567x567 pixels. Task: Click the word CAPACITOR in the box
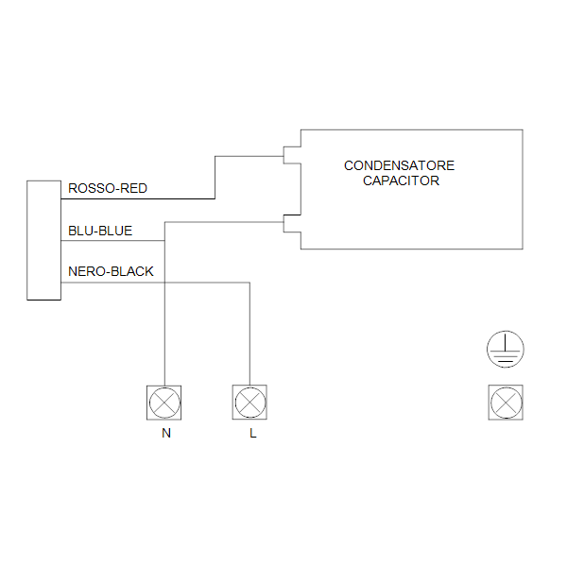tap(401, 180)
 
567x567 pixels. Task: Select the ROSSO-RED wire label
tap(108, 188)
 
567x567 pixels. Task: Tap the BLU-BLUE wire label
tap(100, 230)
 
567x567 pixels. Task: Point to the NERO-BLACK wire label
tap(111, 271)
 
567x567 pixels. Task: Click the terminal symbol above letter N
tap(165, 403)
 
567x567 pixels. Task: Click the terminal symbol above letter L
tap(249, 403)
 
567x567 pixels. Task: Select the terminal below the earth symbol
tap(505, 403)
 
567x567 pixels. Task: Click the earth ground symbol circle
tap(505, 351)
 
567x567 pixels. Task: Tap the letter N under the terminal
tap(166, 435)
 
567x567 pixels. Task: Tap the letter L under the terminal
tap(252, 435)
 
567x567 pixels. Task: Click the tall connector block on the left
tap(43, 239)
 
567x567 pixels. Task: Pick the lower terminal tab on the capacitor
tap(291, 223)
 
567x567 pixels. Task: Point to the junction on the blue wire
tap(165, 241)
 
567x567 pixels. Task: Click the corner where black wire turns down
tap(249, 283)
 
